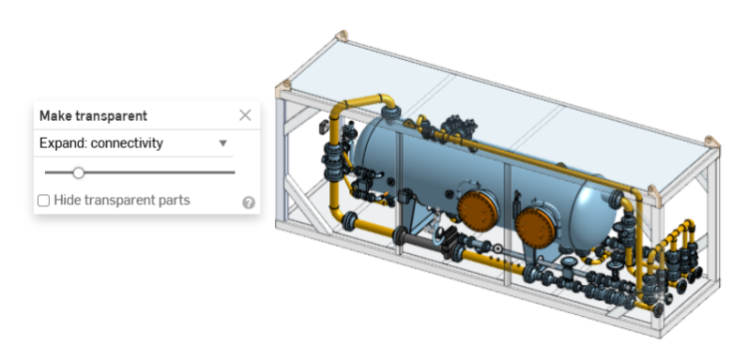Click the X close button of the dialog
pos(245,116)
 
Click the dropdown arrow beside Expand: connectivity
pos(223,144)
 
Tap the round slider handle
pos(78,173)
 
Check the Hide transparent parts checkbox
pos(44,200)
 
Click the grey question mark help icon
pos(248,202)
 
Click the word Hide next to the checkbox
pos(68,200)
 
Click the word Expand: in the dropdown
pos(63,144)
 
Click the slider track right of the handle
pos(160,173)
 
